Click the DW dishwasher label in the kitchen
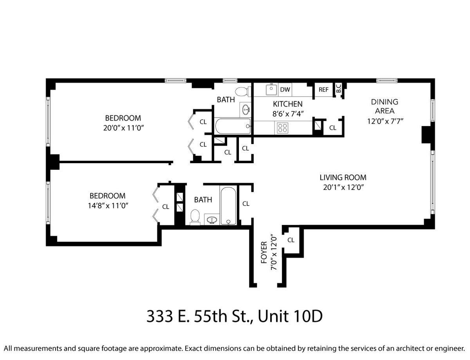point(285,90)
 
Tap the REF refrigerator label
point(324,90)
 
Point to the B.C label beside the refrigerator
point(339,88)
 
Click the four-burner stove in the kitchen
point(283,128)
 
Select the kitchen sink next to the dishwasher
point(271,90)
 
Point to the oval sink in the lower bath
point(212,220)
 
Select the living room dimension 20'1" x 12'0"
point(343,187)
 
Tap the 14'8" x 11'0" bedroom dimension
point(108,205)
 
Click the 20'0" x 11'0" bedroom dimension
point(123,128)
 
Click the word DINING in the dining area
point(385,102)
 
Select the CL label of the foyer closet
point(291,240)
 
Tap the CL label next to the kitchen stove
point(333,128)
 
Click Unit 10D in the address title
point(290,316)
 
